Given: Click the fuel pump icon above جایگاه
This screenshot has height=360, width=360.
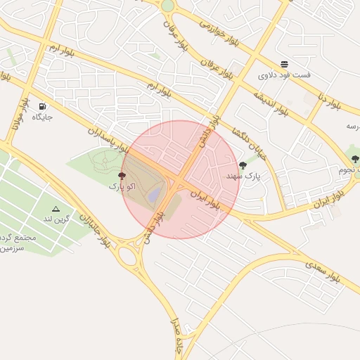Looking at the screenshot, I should point(42,106).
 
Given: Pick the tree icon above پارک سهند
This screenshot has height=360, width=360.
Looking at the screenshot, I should point(243,165).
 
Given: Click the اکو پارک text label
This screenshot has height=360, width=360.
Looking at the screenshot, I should point(121,186).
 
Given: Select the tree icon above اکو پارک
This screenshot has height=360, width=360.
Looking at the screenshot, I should point(122,176).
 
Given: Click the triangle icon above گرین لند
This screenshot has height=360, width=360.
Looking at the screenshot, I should point(56,209).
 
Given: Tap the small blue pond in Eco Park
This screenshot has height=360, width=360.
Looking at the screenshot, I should point(154,191).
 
